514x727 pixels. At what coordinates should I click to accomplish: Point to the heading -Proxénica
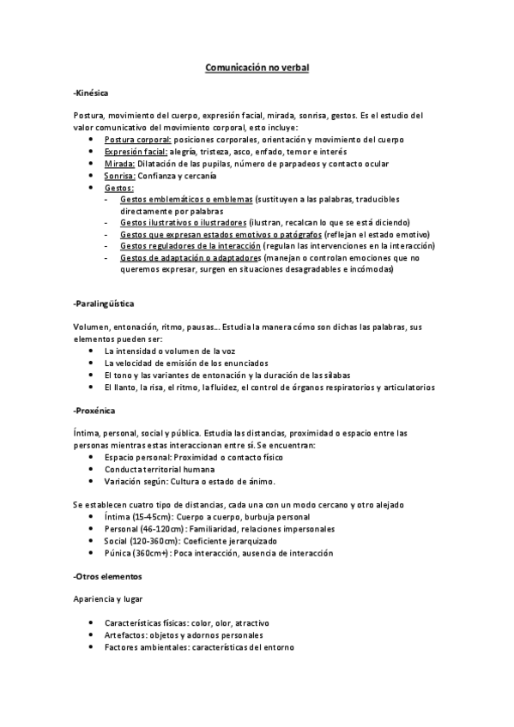pyautogui.click(x=94, y=411)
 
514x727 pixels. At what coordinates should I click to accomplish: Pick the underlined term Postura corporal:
pyautogui.click(x=137, y=140)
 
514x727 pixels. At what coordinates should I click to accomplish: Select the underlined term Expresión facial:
pyautogui.click(x=136, y=152)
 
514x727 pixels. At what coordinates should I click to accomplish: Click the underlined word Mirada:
pyautogui.click(x=119, y=164)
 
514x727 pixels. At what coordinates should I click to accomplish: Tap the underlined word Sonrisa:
pyautogui.click(x=121, y=176)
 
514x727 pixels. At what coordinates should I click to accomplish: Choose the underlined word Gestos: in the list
pyautogui.click(x=119, y=188)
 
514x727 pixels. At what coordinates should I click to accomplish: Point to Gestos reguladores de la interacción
pyautogui.click(x=190, y=245)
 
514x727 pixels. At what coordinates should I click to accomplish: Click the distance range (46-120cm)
pyautogui.click(x=160, y=530)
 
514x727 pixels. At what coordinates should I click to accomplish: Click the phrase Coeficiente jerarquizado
pyautogui.click(x=227, y=542)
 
